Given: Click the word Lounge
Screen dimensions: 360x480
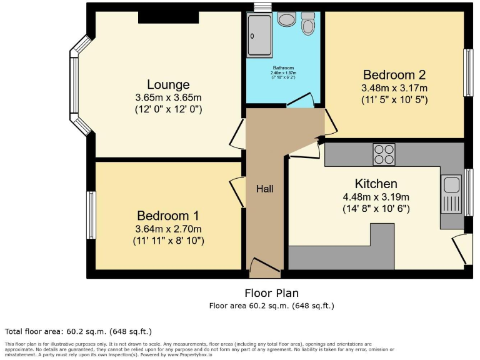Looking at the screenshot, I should pyautogui.click(x=168, y=84).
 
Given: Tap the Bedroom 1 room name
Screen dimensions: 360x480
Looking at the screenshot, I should pyautogui.click(x=168, y=216).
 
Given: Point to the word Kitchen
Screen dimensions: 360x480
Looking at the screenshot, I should pyautogui.click(x=376, y=184).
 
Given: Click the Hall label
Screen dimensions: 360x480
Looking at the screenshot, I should pyautogui.click(x=264, y=188).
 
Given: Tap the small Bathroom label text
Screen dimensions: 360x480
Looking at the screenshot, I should pyautogui.click(x=283, y=67).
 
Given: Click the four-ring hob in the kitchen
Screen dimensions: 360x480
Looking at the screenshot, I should pyautogui.click(x=384, y=154).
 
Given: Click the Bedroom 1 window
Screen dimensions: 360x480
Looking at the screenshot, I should pyautogui.click(x=91, y=215).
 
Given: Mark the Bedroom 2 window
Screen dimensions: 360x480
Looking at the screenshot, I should pyautogui.click(x=467, y=72).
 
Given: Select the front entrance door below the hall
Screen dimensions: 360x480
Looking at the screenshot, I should pyautogui.click(x=264, y=271).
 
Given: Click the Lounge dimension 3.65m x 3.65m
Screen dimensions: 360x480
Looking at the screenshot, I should pyautogui.click(x=168, y=98).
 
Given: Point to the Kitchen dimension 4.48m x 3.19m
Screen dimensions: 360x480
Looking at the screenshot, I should pyautogui.click(x=376, y=197).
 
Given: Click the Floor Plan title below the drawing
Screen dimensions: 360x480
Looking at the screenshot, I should pyautogui.click(x=271, y=292).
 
